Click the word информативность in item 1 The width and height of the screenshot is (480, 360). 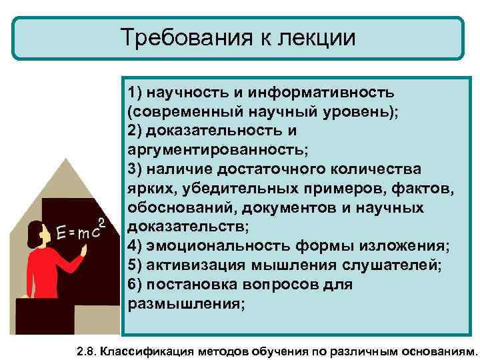point(317,91)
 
